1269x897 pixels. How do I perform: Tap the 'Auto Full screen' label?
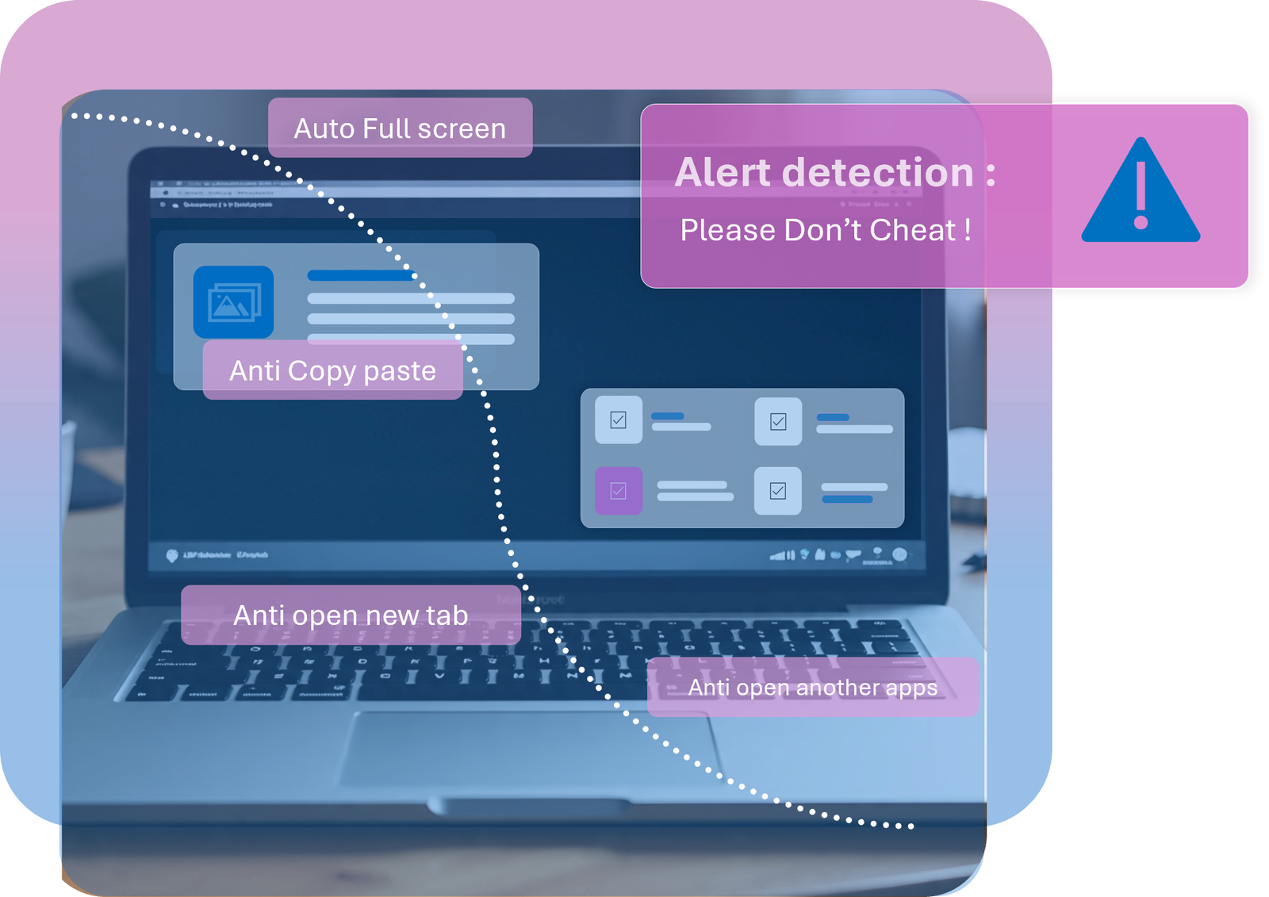coord(400,128)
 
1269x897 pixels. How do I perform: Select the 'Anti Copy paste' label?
coord(332,370)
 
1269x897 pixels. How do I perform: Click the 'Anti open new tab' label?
coord(351,615)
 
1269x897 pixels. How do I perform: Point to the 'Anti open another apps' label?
coord(812,687)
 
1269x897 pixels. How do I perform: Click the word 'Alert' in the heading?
coord(723,172)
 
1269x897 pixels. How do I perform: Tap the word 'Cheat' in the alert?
coord(913,230)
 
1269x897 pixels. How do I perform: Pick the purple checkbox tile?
coord(619,491)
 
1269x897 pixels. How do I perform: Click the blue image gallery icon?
coord(233,302)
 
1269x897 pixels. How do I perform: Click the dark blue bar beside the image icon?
coord(361,276)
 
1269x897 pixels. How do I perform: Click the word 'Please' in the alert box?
coord(727,230)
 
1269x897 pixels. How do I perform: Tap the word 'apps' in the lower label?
coord(911,688)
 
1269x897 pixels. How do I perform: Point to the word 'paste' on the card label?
coord(400,371)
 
